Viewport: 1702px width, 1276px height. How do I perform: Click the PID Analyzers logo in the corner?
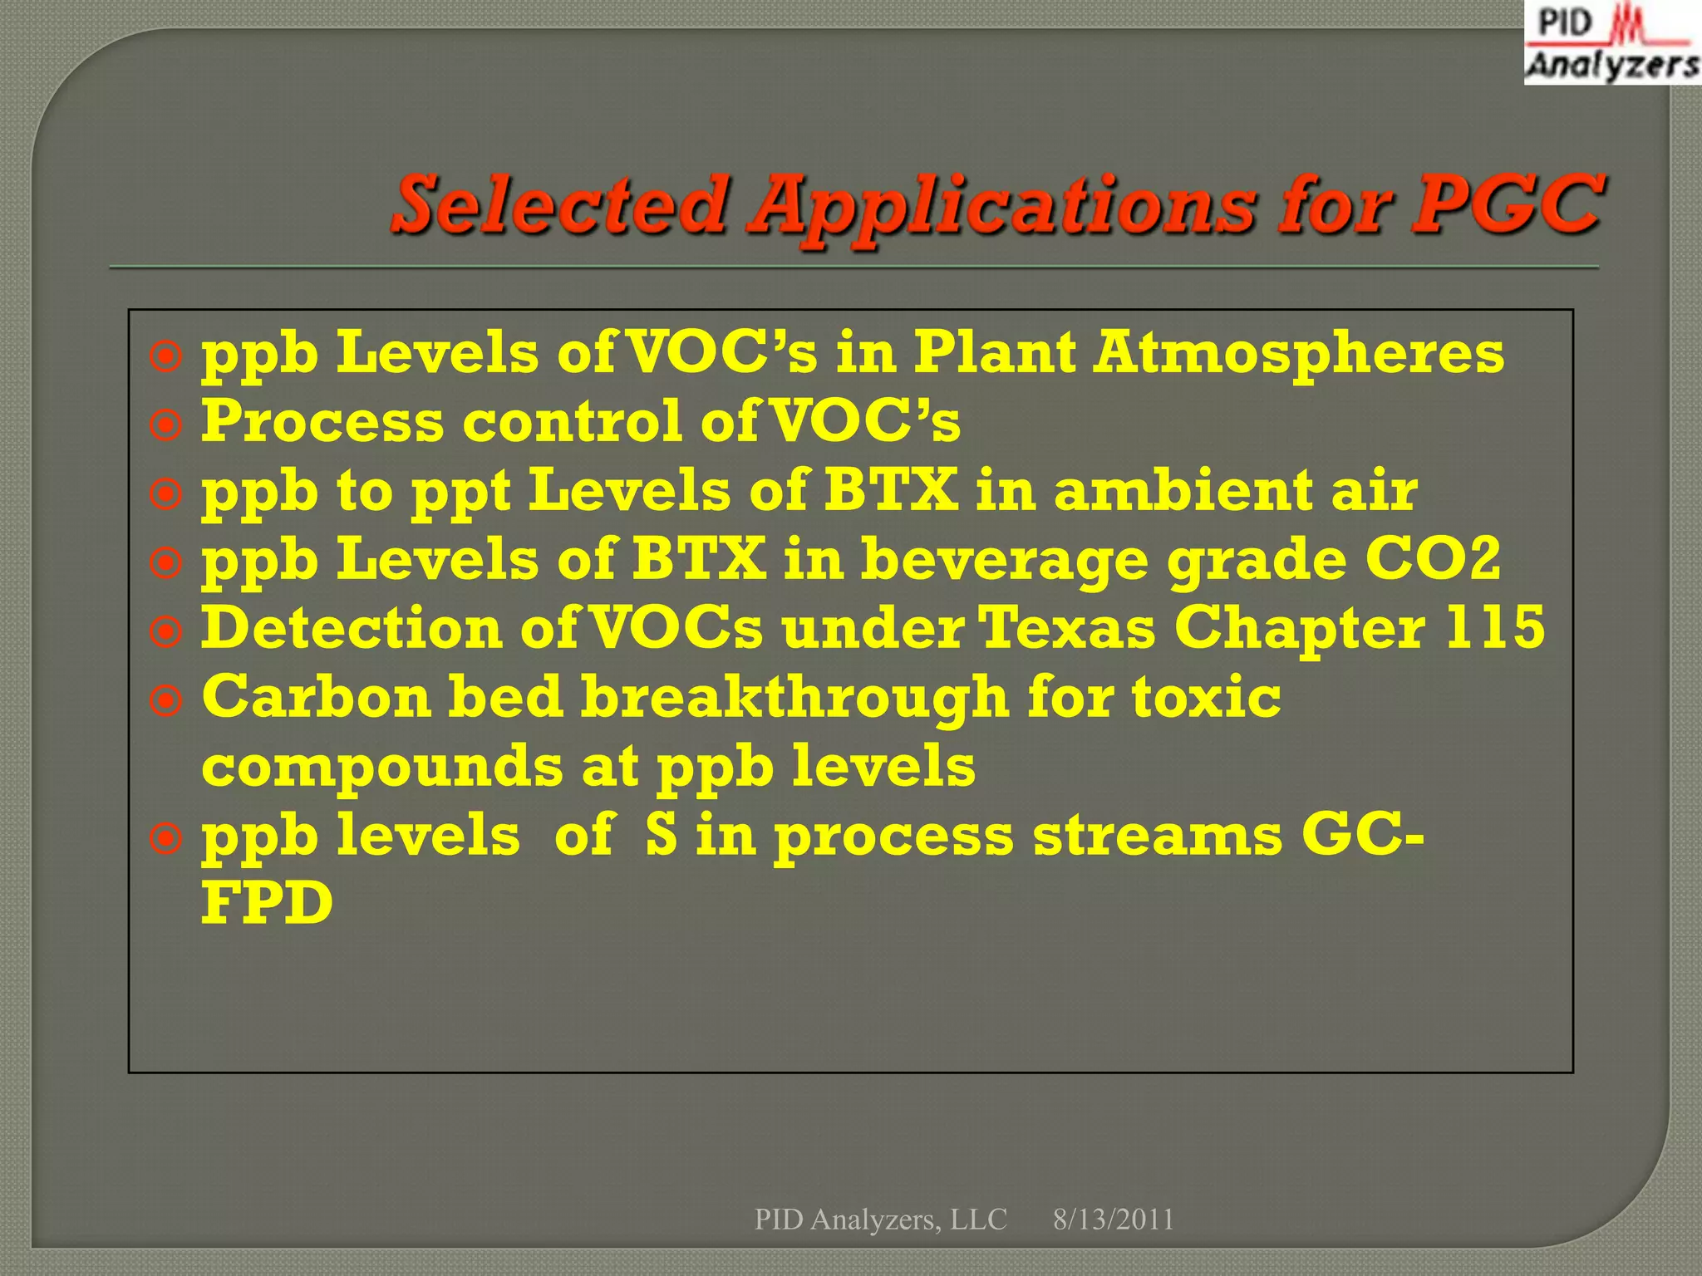(1611, 43)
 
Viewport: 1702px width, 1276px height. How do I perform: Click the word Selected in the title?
(559, 204)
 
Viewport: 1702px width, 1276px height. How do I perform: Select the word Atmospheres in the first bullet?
(1298, 353)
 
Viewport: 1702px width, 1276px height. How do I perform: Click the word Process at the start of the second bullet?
(322, 421)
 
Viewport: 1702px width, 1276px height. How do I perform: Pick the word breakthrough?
(794, 698)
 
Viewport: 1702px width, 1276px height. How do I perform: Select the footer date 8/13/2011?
(1114, 1220)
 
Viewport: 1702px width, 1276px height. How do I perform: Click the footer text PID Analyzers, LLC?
(880, 1220)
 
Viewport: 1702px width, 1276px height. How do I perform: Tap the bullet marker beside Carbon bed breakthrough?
(166, 702)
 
